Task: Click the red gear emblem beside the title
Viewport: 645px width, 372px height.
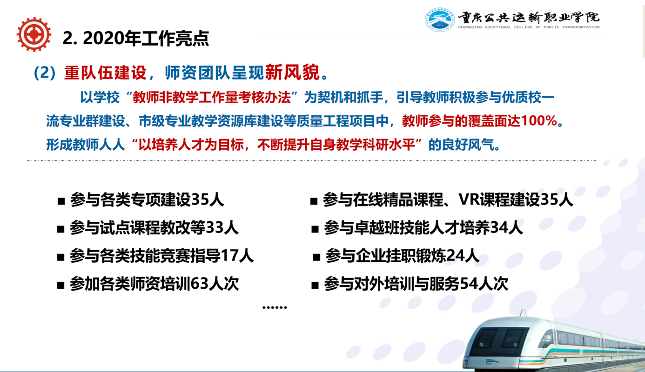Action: click(x=34, y=34)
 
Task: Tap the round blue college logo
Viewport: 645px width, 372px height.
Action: click(x=440, y=20)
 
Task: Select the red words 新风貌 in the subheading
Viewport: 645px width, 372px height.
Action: click(x=292, y=72)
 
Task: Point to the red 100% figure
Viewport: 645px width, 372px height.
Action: click(x=539, y=120)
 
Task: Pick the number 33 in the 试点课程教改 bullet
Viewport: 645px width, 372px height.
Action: click(x=215, y=227)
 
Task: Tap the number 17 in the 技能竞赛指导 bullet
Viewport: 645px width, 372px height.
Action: click(x=229, y=255)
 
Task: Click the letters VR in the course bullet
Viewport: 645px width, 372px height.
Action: click(x=469, y=199)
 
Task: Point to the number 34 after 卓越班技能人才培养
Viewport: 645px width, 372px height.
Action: click(x=499, y=227)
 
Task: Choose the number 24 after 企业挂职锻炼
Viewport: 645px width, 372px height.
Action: click(x=456, y=255)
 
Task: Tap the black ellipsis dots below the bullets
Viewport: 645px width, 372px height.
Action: click(x=275, y=307)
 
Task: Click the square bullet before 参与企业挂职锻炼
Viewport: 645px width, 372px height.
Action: click(x=316, y=257)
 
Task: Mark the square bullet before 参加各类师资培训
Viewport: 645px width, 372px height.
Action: click(x=60, y=285)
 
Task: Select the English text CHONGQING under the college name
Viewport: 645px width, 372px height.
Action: click(x=470, y=27)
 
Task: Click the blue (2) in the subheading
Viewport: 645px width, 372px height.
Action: click(x=45, y=73)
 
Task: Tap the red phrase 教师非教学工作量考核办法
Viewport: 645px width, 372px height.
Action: click(x=212, y=98)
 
